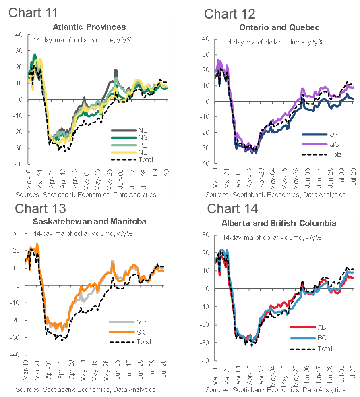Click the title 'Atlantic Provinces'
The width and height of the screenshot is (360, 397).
pyautogui.click(x=89, y=27)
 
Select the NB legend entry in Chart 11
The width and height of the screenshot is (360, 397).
pyautogui.click(x=143, y=131)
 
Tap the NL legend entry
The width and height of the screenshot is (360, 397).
pyautogui.click(x=143, y=152)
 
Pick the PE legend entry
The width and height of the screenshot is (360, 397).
pyautogui.click(x=143, y=145)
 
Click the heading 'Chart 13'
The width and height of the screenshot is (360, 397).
pyautogui.click(x=40, y=208)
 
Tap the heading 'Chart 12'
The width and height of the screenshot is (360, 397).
pyautogui.click(x=230, y=14)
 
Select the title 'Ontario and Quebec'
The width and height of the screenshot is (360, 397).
pyautogui.click(x=279, y=27)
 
